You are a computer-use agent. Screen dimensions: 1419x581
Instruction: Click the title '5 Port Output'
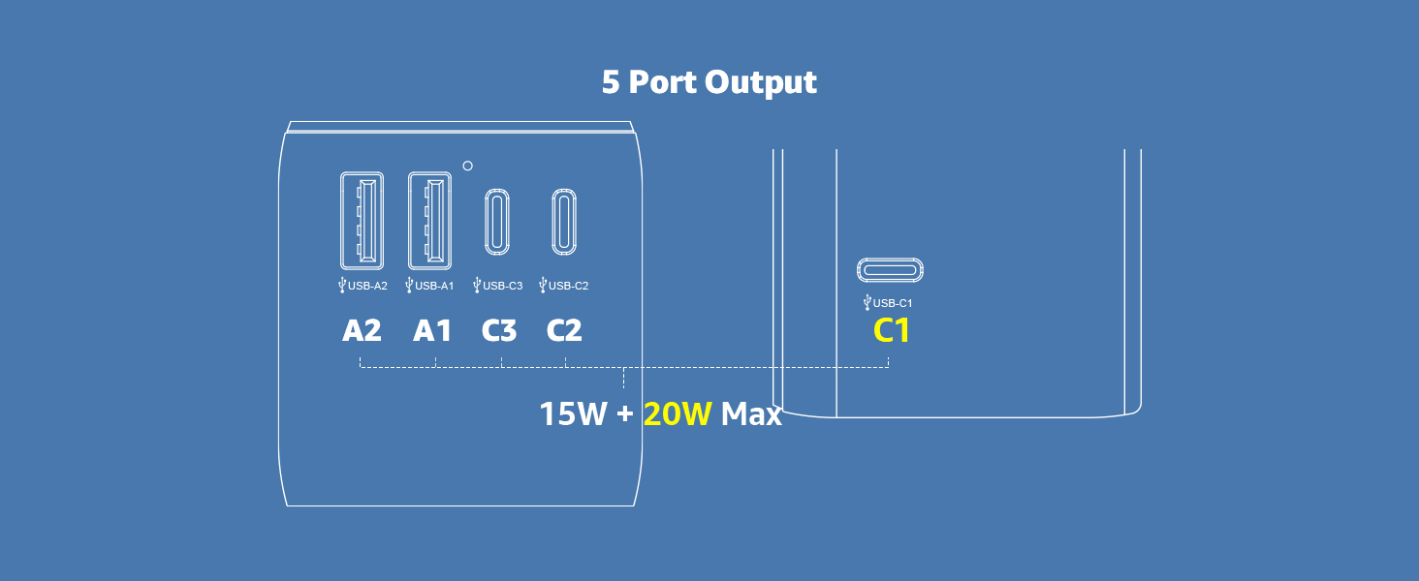point(709,82)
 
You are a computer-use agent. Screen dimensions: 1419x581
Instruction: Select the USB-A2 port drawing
point(362,221)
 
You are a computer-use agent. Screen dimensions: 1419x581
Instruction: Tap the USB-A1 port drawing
point(430,221)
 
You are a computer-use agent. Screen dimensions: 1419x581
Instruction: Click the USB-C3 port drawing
point(497,222)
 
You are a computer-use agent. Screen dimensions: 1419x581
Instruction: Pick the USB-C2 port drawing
point(564,222)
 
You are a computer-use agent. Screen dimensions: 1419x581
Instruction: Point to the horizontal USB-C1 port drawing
point(890,270)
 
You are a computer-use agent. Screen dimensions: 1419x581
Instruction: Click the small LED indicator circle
point(467,166)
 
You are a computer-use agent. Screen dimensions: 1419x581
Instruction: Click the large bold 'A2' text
point(362,330)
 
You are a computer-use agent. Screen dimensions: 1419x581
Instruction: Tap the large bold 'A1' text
point(432,330)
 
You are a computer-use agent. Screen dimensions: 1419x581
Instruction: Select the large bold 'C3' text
point(499,330)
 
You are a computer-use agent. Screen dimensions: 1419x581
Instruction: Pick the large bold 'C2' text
point(564,330)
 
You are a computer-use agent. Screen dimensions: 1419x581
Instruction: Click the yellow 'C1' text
point(892,330)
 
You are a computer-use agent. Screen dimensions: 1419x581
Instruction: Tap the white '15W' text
point(573,413)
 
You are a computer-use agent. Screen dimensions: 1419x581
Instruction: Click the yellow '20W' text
point(678,413)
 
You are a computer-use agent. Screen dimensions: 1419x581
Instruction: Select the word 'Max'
point(751,413)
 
